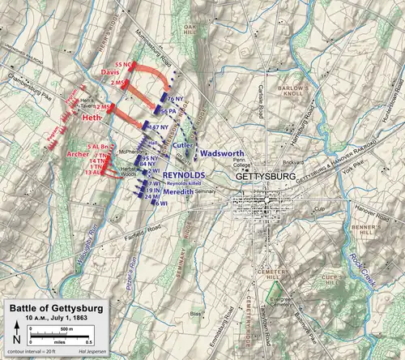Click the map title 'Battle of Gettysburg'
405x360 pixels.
coord(55,309)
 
